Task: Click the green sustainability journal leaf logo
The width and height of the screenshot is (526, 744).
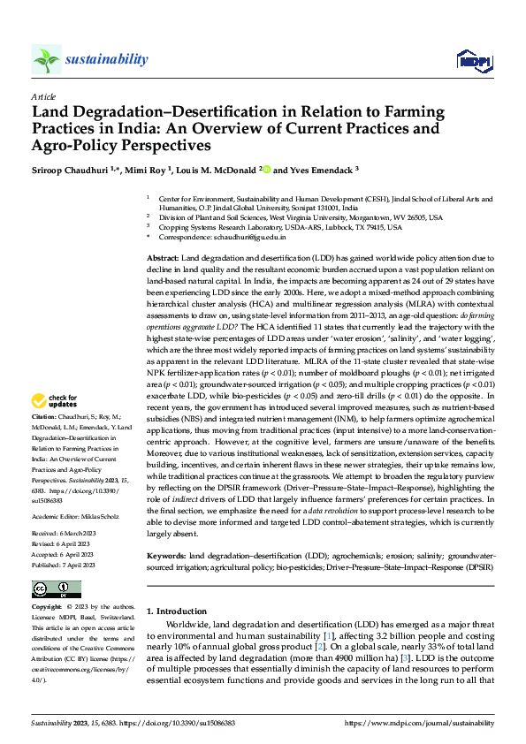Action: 46,60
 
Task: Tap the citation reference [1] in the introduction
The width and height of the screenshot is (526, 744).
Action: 328,635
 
